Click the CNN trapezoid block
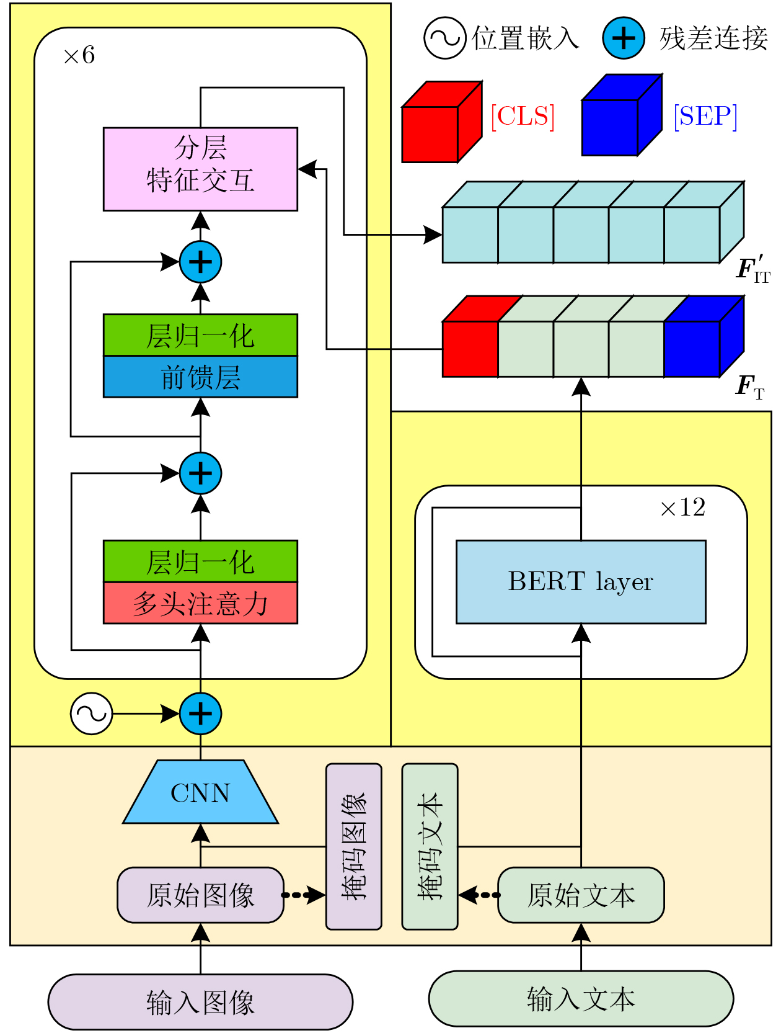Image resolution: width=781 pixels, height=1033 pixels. click(200, 792)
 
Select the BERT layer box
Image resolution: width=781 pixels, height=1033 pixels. click(581, 581)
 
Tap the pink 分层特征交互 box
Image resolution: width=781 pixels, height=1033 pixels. click(200, 169)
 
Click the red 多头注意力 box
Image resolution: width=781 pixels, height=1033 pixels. click(200, 603)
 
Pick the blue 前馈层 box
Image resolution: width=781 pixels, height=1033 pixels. click(200, 377)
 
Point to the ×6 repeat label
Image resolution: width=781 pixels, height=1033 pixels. click(79, 56)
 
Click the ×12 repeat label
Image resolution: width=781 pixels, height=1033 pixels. click(682, 508)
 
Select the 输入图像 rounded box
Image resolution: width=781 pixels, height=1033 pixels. click(200, 1001)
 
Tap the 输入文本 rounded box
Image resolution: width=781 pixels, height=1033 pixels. click(581, 999)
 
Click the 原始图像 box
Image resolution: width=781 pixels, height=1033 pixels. click(200, 895)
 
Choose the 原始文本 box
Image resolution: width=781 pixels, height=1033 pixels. click(581, 895)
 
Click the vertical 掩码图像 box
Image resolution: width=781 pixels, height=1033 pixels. click(354, 846)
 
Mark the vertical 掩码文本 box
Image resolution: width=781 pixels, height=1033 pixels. click(430, 846)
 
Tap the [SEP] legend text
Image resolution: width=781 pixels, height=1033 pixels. click(705, 116)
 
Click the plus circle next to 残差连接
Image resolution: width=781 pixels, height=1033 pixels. click(624, 38)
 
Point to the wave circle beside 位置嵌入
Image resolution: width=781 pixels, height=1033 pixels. click(444, 38)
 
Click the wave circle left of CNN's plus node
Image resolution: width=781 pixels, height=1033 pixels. click(92, 713)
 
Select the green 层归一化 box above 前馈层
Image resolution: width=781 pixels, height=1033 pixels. click(200, 336)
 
